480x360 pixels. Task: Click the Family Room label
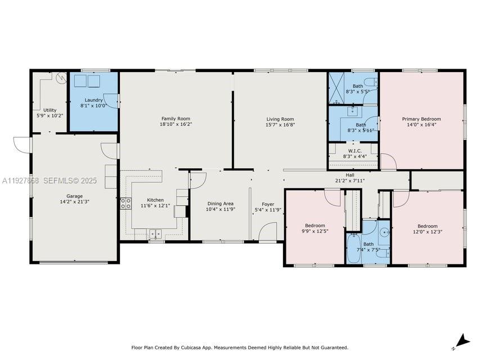coord(176,119)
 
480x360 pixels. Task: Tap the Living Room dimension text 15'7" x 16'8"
coord(280,125)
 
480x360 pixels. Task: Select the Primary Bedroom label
coord(421,119)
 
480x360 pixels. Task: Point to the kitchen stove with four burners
coord(125,204)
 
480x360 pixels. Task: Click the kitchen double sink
coord(155,233)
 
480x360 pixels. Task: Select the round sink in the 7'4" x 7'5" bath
coord(384,231)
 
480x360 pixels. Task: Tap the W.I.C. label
coord(355,151)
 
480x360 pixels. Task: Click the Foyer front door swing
coord(268,232)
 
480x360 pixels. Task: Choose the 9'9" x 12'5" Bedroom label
coord(315,226)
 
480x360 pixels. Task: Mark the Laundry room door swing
coord(112,100)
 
